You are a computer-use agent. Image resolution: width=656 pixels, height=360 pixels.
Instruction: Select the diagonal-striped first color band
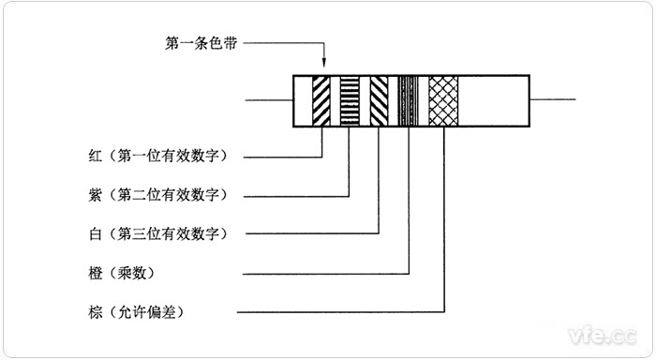click(x=321, y=100)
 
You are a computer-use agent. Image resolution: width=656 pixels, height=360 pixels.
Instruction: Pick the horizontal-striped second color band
click(x=350, y=100)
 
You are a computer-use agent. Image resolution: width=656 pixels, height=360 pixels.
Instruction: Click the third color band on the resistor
click(x=379, y=100)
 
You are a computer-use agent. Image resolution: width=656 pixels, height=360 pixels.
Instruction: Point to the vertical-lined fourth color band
click(x=409, y=100)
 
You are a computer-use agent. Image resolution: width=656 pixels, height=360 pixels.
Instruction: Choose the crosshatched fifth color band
click(x=442, y=100)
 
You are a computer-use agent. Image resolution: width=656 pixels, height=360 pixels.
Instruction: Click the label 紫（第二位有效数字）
click(x=155, y=193)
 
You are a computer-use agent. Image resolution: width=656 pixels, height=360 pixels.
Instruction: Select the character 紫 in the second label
click(x=91, y=193)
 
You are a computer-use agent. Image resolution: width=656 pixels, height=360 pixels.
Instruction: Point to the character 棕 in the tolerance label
click(x=91, y=310)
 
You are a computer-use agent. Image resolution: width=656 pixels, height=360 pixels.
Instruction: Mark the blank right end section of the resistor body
click(x=495, y=100)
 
